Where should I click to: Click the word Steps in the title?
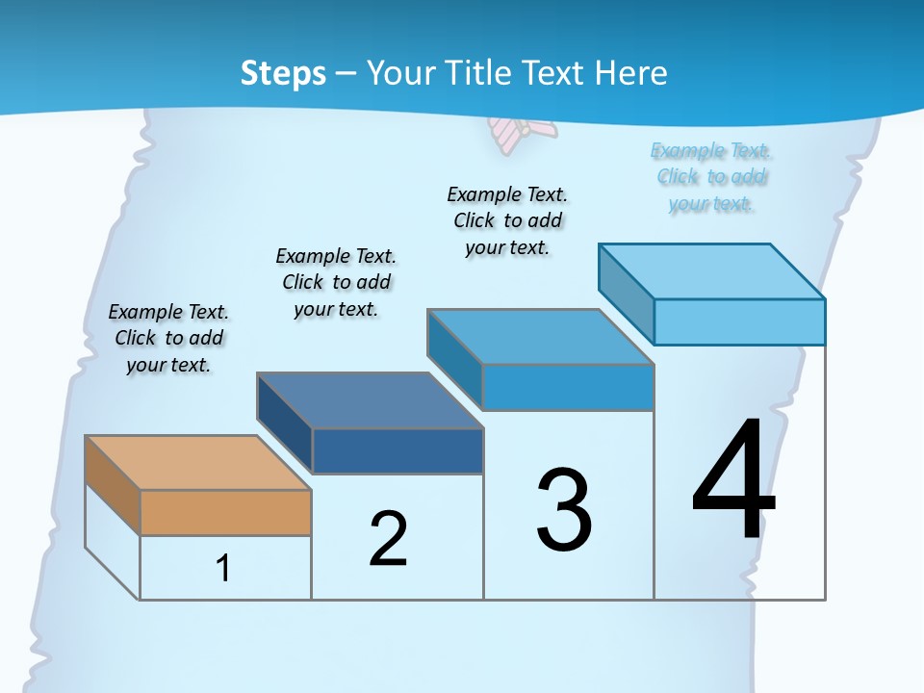283,73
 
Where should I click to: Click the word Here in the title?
631,73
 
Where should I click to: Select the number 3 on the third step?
564,510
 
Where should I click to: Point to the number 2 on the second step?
388,539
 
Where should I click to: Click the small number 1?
223,568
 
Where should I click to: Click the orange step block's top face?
197,462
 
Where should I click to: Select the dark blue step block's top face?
370,399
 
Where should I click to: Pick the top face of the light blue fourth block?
712,270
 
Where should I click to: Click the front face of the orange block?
225,512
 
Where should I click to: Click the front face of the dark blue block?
398,450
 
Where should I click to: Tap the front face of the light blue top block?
739,321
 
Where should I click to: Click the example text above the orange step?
168,338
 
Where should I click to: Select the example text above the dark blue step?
336,282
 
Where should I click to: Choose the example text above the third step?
507,220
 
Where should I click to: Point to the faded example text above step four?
711,176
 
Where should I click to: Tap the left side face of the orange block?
113,484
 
